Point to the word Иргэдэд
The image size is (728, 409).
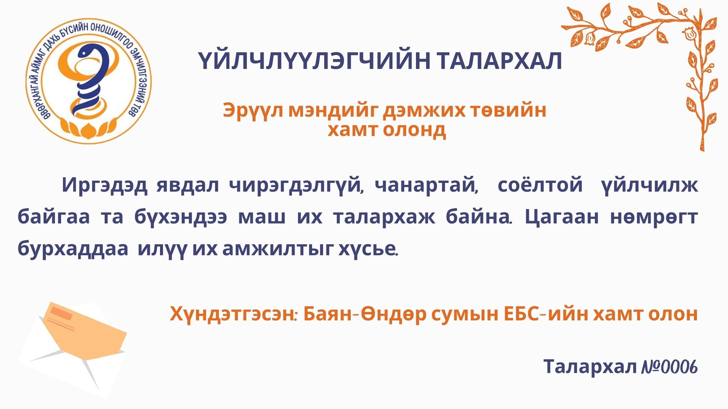click(105, 186)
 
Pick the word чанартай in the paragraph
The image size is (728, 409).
click(426, 186)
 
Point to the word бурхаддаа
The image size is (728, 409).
click(73, 249)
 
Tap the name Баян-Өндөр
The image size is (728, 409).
click(365, 314)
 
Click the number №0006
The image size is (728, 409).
click(670, 367)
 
